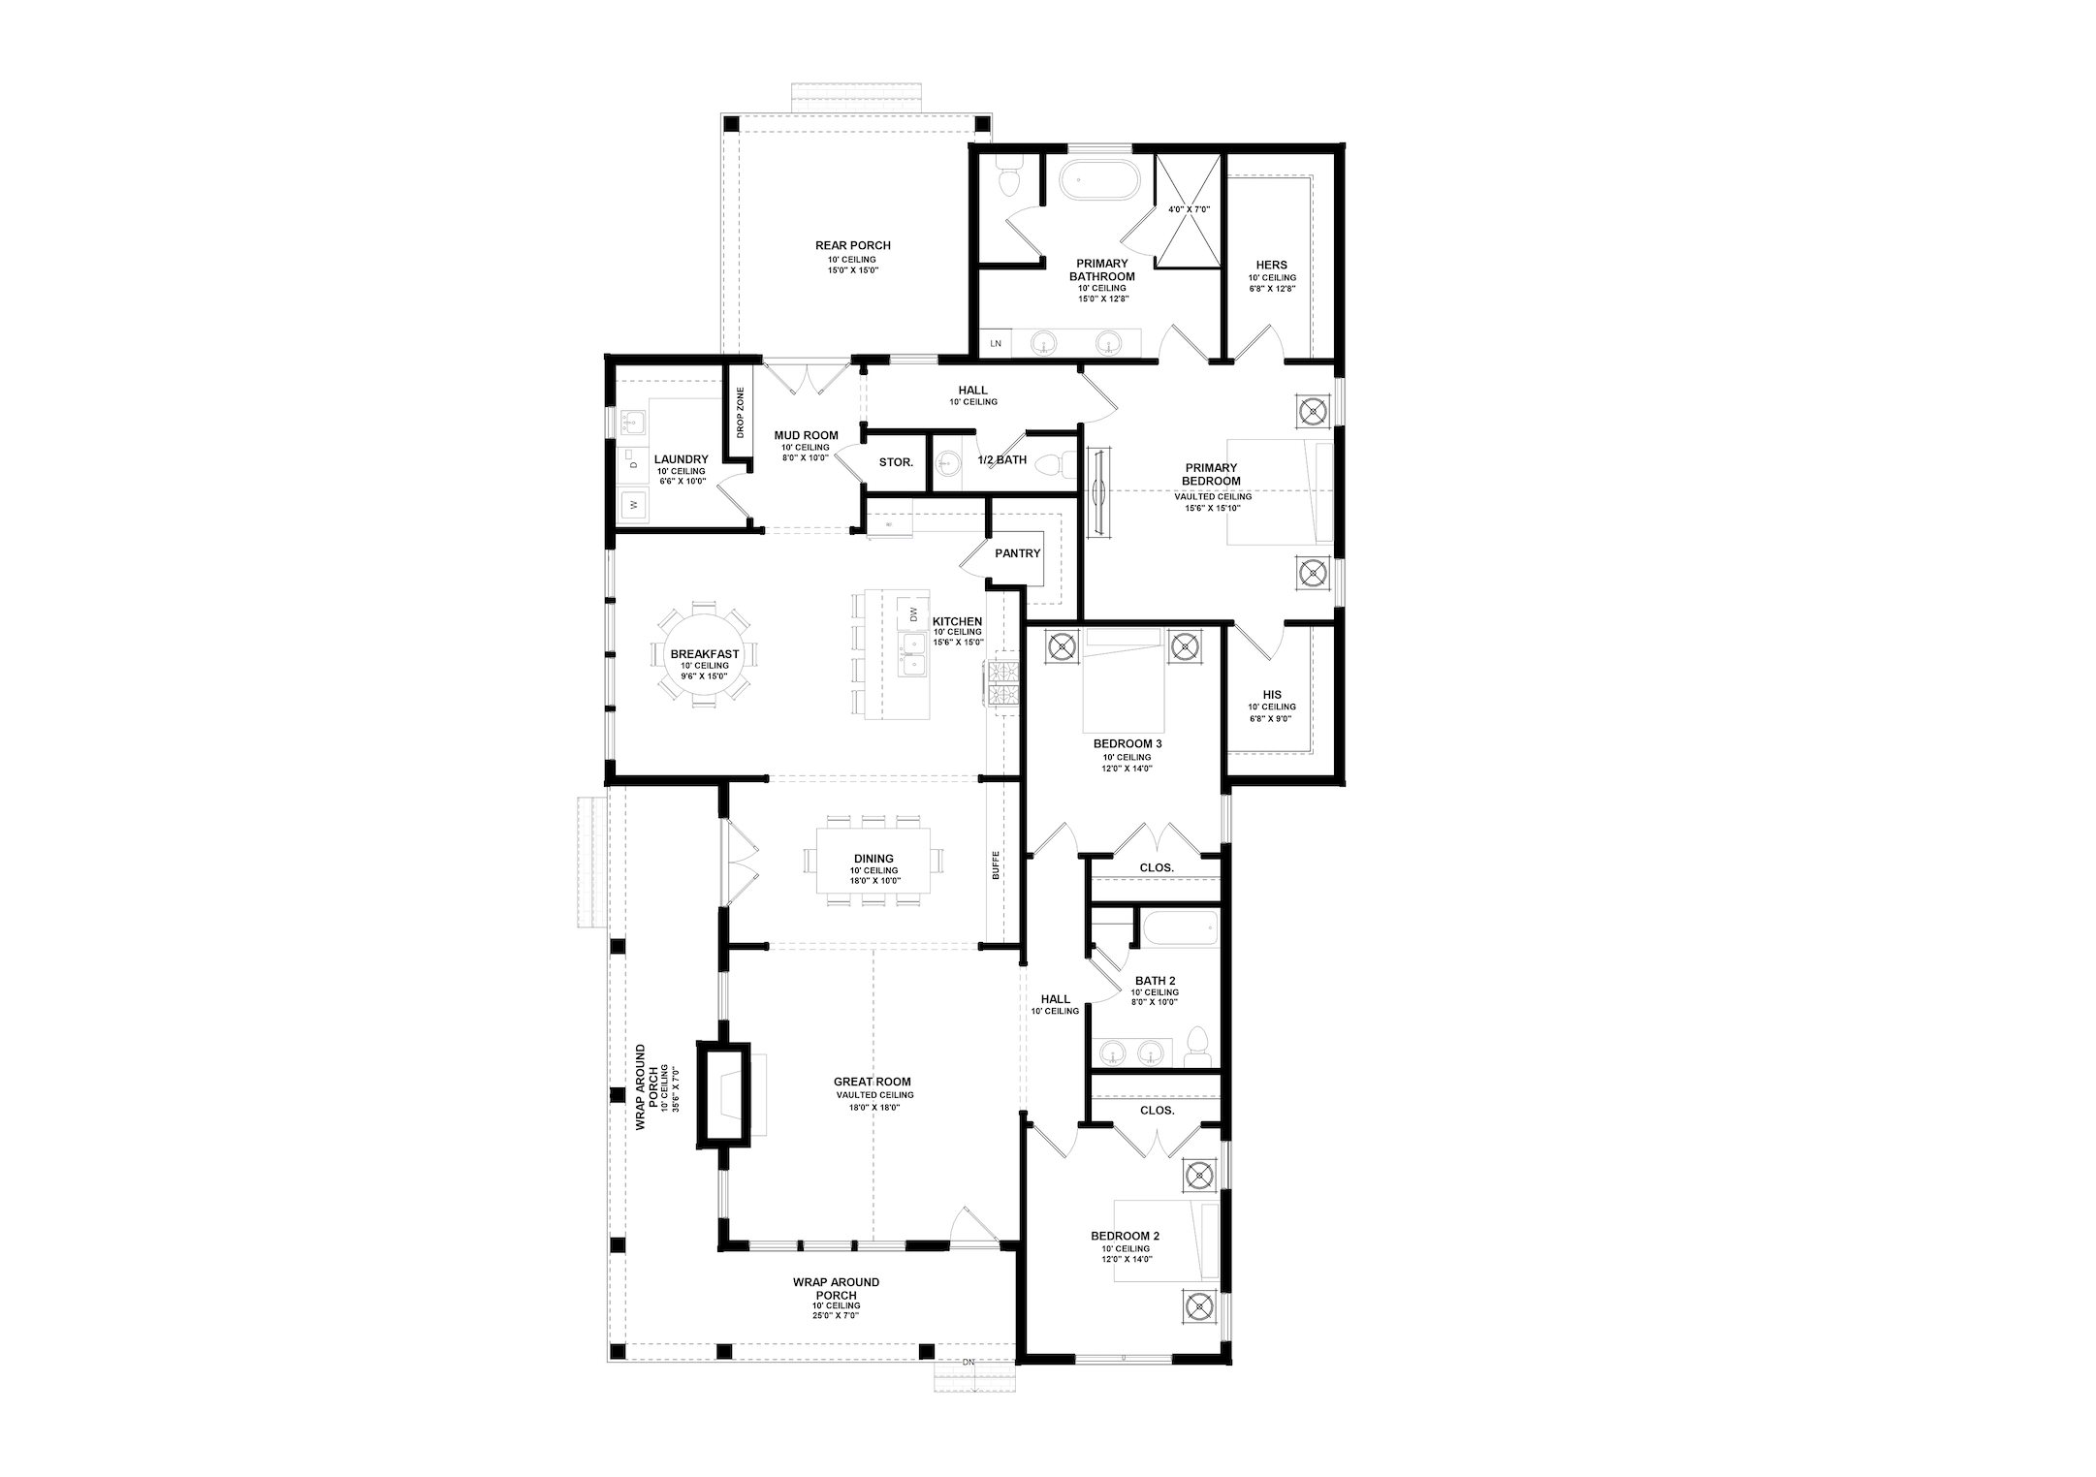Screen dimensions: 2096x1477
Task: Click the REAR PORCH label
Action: (852, 245)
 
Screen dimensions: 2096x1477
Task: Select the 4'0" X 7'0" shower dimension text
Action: (1189, 209)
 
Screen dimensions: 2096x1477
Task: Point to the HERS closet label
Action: (1272, 265)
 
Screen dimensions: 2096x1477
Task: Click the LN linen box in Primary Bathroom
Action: (995, 344)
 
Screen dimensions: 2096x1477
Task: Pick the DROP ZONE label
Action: (740, 413)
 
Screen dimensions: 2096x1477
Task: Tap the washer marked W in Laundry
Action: (634, 505)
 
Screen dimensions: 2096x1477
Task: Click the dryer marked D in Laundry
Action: (634, 464)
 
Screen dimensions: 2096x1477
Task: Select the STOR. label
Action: (896, 462)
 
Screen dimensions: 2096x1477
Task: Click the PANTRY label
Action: (1017, 553)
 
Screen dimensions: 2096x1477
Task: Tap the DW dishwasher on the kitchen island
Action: (912, 614)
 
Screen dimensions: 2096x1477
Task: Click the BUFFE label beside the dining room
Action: (995, 864)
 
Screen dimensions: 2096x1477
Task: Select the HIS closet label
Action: (1272, 694)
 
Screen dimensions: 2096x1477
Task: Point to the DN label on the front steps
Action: (968, 1362)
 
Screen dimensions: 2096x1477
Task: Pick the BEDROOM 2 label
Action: (1125, 1236)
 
